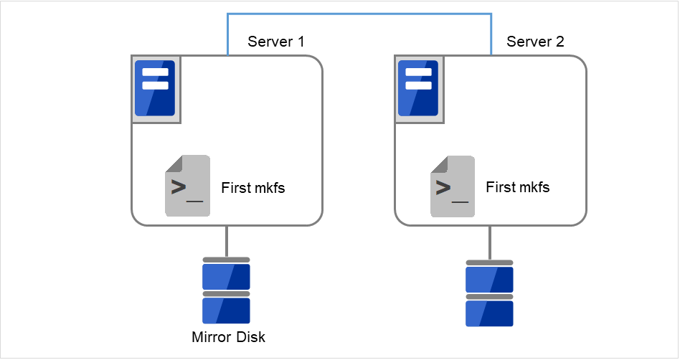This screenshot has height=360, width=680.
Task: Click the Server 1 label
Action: [x=275, y=42]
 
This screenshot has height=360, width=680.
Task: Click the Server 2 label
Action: [x=535, y=42]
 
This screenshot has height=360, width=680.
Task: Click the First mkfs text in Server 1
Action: [x=253, y=188]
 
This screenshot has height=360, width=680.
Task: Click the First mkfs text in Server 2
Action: [x=517, y=187]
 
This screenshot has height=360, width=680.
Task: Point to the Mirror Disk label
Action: [x=228, y=337]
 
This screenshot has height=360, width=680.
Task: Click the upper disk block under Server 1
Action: [x=226, y=277]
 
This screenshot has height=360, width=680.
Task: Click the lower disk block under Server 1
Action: [x=226, y=311]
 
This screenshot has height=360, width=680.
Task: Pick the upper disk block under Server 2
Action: [x=489, y=279]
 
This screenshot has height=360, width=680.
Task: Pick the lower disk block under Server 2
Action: [x=489, y=313]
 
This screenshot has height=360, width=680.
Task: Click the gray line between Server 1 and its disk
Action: [x=227, y=241]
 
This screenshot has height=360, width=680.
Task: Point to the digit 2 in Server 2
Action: [x=559, y=42]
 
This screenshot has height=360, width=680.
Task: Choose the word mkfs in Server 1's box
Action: [x=269, y=188]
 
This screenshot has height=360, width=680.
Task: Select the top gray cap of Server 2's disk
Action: [x=489, y=263]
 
